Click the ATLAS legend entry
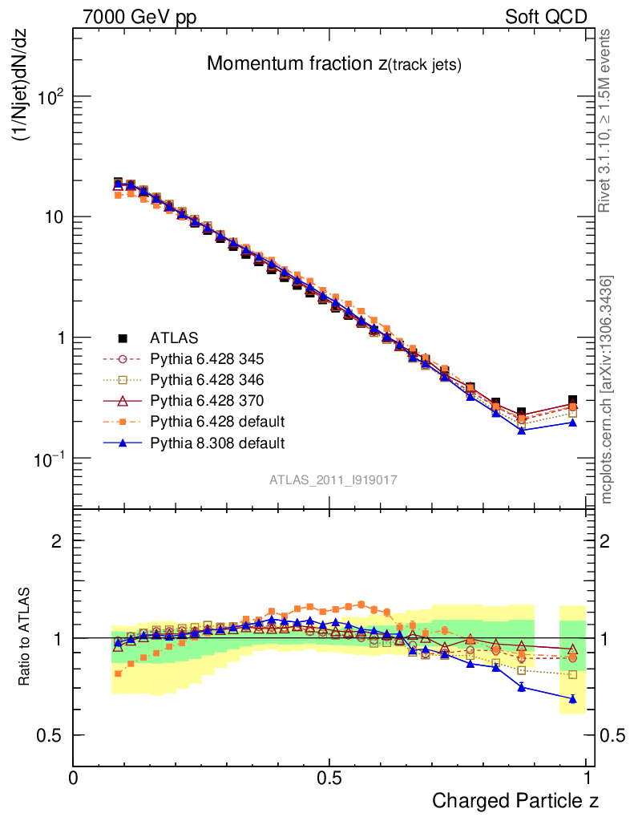pyautogui.click(x=173, y=338)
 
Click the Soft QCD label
pyautogui.click(x=546, y=17)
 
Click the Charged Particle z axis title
pyautogui.click(x=515, y=799)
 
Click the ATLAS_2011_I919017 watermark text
pyautogui.click(x=333, y=479)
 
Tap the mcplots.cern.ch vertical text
pyautogui.click(x=608, y=390)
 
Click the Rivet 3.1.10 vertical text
pyautogui.click(x=608, y=121)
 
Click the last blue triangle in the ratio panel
pyautogui.click(x=572, y=699)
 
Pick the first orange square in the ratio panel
pyautogui.click(x=118, y=673)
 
